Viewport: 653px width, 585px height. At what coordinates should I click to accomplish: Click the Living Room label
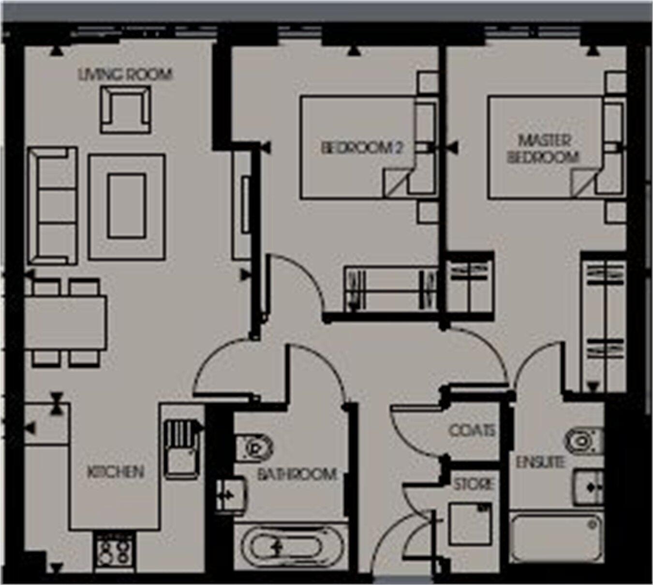(x=125, y=75)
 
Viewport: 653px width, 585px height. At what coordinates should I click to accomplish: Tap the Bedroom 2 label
(x=362, y=148)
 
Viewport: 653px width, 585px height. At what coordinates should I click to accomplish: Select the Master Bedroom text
(x=543, y=149)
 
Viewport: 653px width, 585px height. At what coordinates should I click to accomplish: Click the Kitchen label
(x=116, y=472)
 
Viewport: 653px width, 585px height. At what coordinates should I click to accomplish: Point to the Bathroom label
(x=297, y=474)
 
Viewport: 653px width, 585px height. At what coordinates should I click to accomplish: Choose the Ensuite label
(x=540, y=462)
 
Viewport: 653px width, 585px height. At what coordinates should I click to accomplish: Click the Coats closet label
(x=472, y=430)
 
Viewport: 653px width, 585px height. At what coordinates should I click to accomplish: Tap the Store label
(x=474, y=483)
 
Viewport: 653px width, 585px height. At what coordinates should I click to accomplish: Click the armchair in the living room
(x=125, y=109)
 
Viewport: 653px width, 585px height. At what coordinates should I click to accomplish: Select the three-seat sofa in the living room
(x=52, y=206)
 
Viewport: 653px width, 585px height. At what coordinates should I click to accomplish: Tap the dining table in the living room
(x=66, y=322)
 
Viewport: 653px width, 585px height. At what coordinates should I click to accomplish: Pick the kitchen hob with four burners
(x=114, y=551)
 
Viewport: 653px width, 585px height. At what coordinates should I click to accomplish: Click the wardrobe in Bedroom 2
(x=391, y=289)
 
